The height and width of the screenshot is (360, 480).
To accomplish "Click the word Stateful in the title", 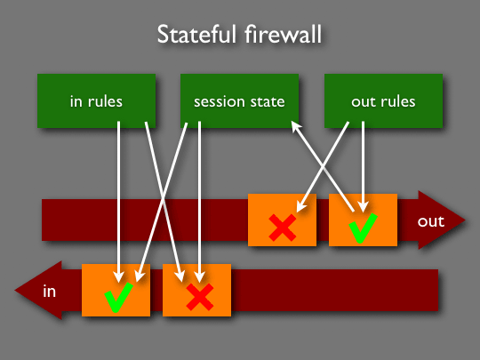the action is coord(197,34).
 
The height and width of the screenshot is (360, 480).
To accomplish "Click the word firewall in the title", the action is coord(284,34).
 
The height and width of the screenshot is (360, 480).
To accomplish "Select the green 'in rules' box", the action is coord(96,100).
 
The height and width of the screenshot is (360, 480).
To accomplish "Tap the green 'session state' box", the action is coord(239,100).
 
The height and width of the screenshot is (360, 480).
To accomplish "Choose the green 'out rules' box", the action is coord(384,100).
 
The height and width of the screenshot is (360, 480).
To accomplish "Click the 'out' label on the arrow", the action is coord(431,221).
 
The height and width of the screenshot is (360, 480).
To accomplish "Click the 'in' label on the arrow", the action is coord(49,291).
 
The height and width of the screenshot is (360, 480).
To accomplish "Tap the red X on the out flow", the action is coord(283,228).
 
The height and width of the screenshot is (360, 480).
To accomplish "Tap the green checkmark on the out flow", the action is coord(363,228).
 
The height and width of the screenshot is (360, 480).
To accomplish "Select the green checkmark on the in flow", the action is coord(118,297).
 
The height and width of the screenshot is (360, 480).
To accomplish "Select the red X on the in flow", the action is coord(200,297).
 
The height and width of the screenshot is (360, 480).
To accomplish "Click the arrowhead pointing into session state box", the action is coord(295,125).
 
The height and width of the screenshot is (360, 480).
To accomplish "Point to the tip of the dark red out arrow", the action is coord(465,220).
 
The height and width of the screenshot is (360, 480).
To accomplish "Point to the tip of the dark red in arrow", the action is coord(15,290).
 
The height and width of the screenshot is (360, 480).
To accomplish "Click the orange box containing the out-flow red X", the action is coord(282,220).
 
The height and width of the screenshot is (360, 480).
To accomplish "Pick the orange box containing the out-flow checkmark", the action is coord(363,220).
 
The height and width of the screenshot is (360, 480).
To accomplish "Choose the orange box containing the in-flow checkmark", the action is coord(116,290).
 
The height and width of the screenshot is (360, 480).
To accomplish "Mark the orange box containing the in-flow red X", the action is coord(196,290).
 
